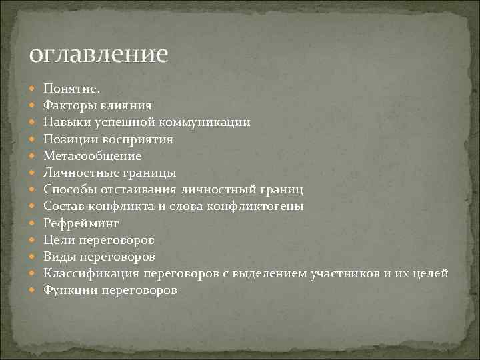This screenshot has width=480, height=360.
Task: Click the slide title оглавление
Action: pyautogui.click(x=98, y=54)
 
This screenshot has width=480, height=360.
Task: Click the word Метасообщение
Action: pyautogui.click(x=93, y=156)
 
